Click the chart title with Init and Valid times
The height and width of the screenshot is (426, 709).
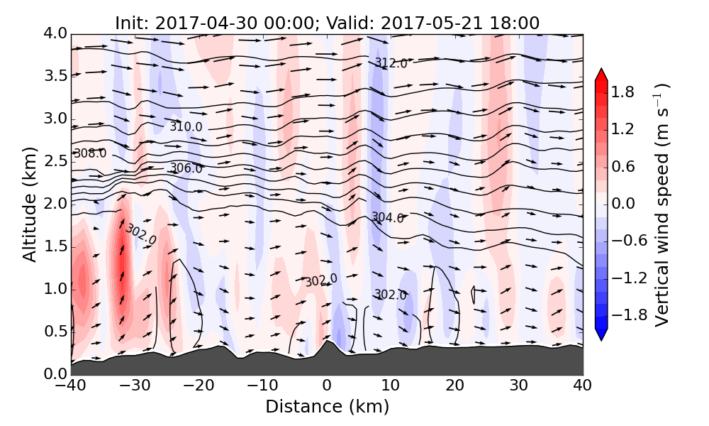click(327, 23)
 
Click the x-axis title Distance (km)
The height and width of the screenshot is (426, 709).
click(327, 407)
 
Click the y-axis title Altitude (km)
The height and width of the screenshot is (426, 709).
click(29, 204)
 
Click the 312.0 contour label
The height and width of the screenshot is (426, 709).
click(391, 64)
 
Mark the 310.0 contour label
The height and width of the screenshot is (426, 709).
click(186, 126)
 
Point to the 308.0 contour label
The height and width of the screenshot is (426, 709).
click(90, 153)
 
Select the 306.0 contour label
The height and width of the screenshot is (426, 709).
click(186, 168)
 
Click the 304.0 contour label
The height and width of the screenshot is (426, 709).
click(387, 218)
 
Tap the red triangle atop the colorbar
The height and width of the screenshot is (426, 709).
click(601, 75)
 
